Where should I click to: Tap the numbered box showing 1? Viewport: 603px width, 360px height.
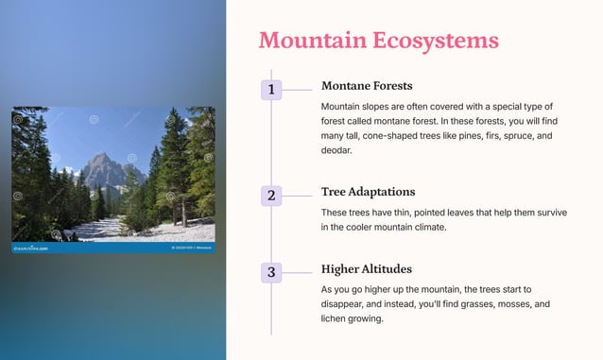(271, 90)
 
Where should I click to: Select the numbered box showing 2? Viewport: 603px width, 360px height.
(271, 196)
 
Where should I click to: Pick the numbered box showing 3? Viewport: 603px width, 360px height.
(271, 272)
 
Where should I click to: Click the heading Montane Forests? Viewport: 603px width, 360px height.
(367, 86)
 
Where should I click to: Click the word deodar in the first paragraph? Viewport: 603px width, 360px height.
(336, 150)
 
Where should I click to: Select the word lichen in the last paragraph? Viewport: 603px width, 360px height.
(336, 319)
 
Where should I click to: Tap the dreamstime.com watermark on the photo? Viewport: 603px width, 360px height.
(33, 249)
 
